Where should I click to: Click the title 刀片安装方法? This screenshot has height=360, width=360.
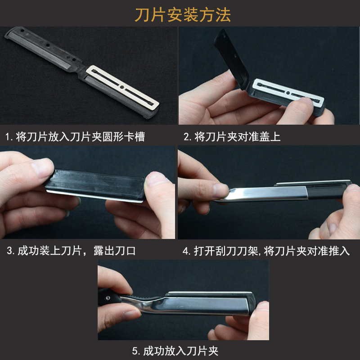point(183,15)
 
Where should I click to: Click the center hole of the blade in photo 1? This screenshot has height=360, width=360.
point(122,85)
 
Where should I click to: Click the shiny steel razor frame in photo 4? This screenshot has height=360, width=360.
point(261,194)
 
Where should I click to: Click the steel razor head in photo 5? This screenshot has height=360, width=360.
point(202,305)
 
